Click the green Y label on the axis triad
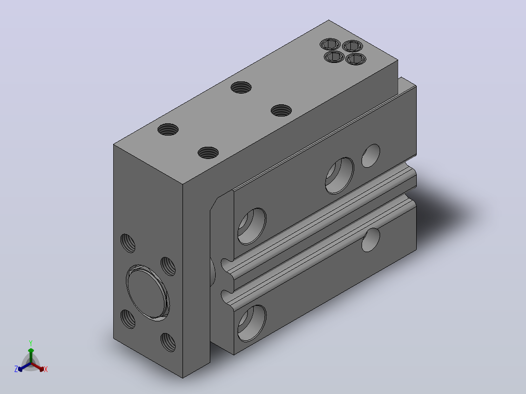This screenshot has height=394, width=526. (x=31, y=343)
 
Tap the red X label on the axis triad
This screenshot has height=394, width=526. (x=46, y=369)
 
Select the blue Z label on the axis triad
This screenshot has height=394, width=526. (x=16, y=369)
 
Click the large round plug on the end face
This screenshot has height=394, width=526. (x=147, y=293)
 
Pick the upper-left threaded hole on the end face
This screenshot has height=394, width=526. (x=127, y=243)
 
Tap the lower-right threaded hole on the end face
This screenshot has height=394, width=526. (x=168, y=342)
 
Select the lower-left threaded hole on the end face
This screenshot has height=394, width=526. (x=127, y=319)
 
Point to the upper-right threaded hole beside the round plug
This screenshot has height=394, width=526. (x=168, y=266)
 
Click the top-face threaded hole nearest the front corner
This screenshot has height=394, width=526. (x=208, y=153)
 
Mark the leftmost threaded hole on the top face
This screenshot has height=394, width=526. (x=168, y=129)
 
